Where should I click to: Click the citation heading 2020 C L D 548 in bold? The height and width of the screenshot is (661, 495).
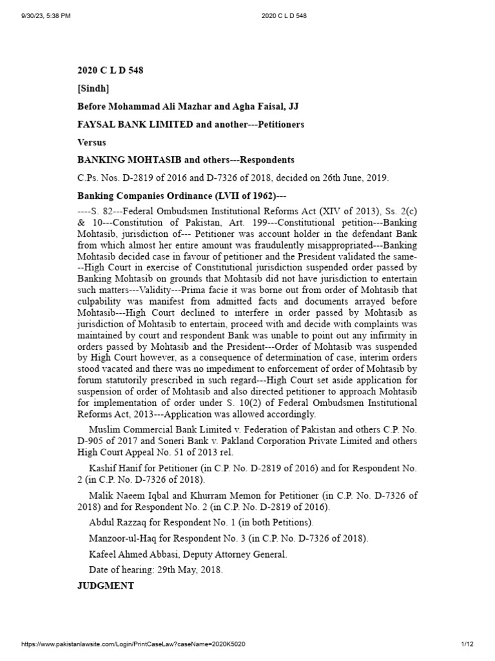click(110, 70)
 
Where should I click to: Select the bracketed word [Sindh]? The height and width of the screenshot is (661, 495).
click(93, 88)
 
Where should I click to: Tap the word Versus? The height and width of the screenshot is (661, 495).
click(92, 141)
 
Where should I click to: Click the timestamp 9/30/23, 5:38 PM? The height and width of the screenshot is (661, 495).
click(39, 15)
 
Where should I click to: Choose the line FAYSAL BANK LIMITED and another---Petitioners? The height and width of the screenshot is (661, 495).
click(191, 123)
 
